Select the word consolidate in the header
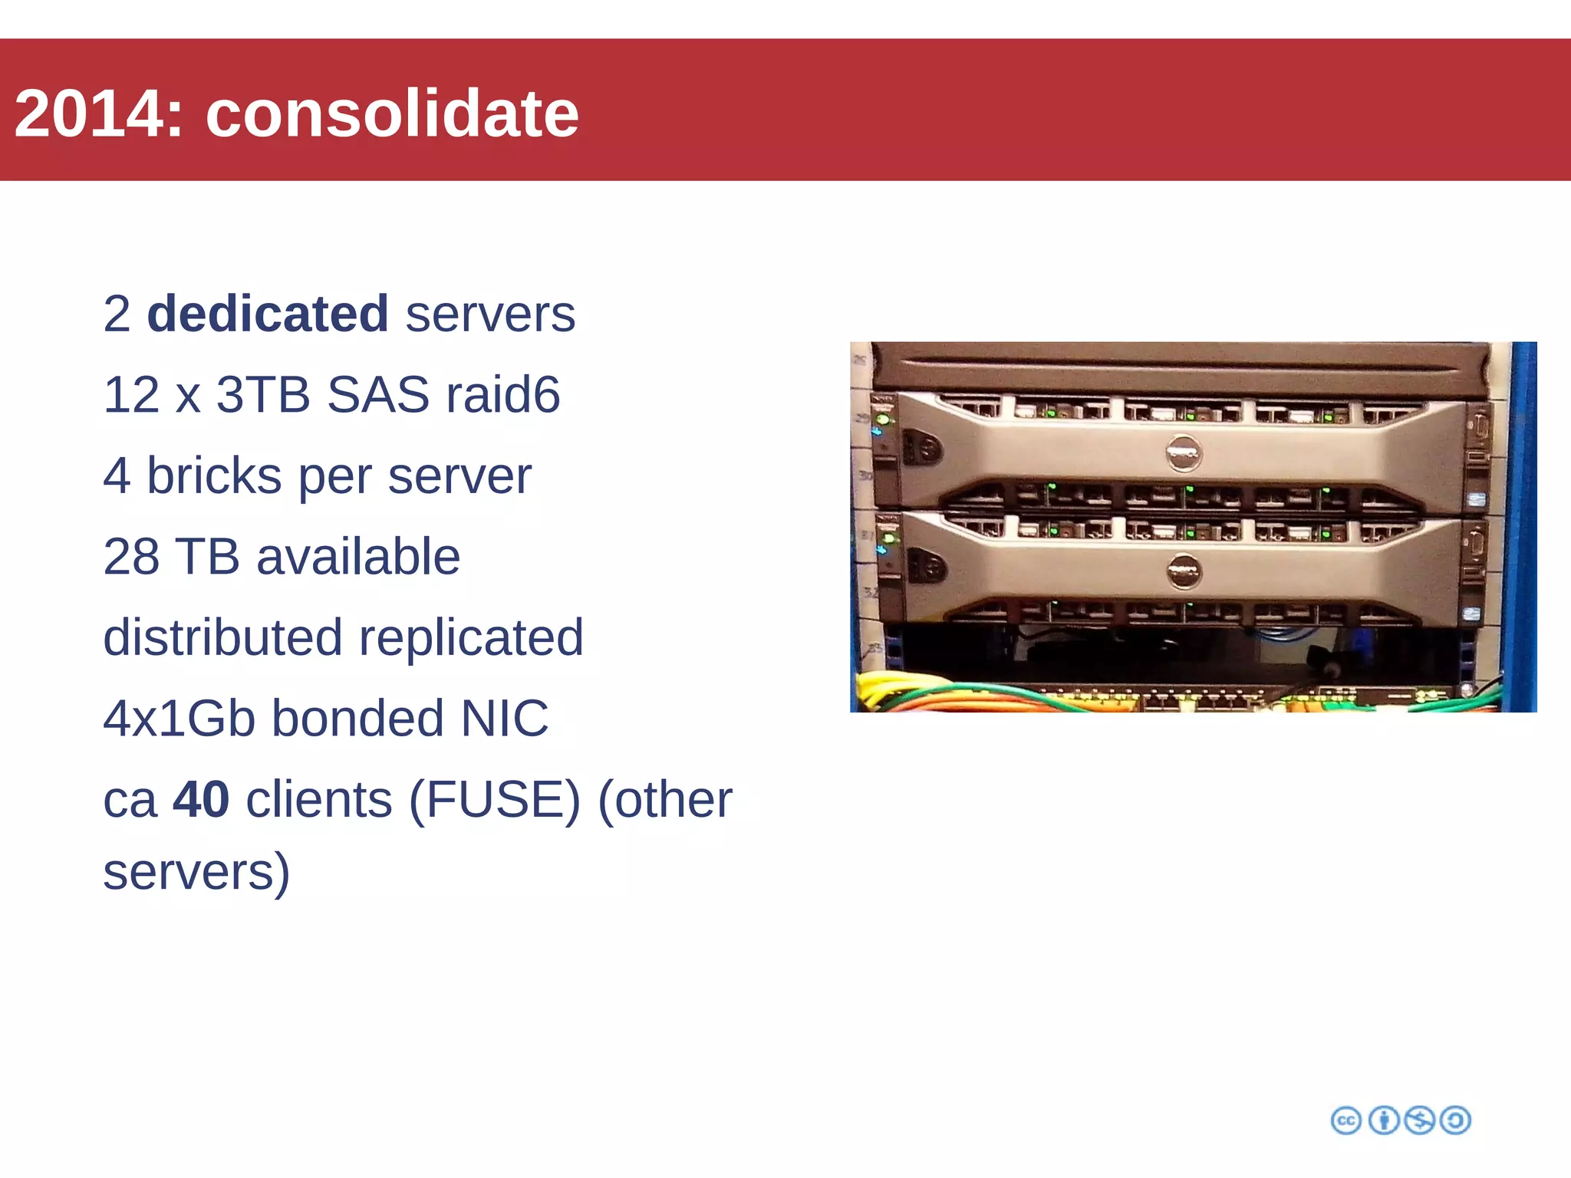click(x=391, y=114)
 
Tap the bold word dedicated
click(x=267, y=314)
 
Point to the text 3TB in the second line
click(x=262, y=395)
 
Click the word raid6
click(x=502, y=395)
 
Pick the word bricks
click(x=213, y=475)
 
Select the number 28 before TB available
click(x=130, y=557)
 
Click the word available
click(x=357, y=557)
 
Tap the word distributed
click(x=222, y=637)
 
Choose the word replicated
click(x=471, y=637)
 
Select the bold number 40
click(x=201, y=799)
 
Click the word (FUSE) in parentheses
click(x=495, y=799)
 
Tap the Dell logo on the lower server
click(x=1184, y=571)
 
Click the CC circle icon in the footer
click(x=1346, y=1120)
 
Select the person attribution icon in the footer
click(x=1383, y=1120)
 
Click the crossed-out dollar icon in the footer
click(x=1419, y=1120)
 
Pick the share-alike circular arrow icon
click(x=1455, y=1120)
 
